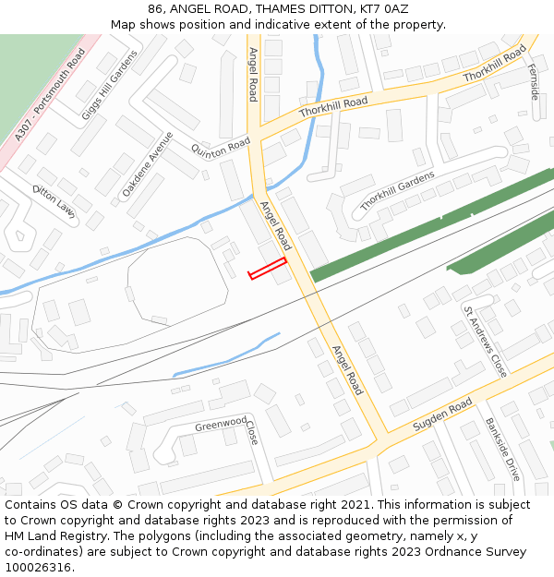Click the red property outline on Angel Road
pyautogui.click(x=268, y=269)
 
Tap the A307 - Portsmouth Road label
pyautogui.click(x=50, y=95)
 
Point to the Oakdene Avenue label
pyautogui.click(x=148, y=163)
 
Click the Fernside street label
pyautogui.click(x=533, y=81)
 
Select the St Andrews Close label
pyautogui.click(x=485, y=342)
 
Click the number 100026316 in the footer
pyautogui.click(x=38, y=567)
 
